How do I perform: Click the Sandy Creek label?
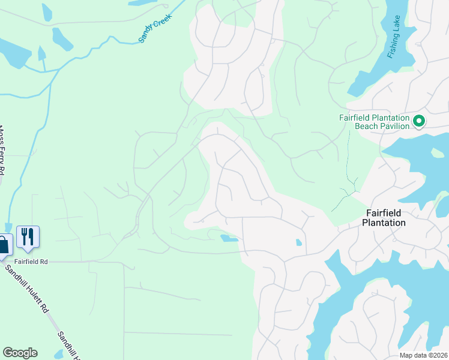[x=155, y=28]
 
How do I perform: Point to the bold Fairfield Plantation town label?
[x=384, y=218]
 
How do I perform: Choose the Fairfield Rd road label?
[x=31, y=262]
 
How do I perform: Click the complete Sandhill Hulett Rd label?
[x=26, y=289]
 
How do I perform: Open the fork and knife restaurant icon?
[x=28, y=236]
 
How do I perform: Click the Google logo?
[x=20, y=353]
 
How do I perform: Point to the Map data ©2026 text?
[x=423, y=355]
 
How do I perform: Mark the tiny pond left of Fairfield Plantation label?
[x=299, y=243]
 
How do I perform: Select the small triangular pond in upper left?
[x=42, y=54]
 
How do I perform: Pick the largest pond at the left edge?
[x=13, y=53]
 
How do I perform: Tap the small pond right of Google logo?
[x=58, y=355]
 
